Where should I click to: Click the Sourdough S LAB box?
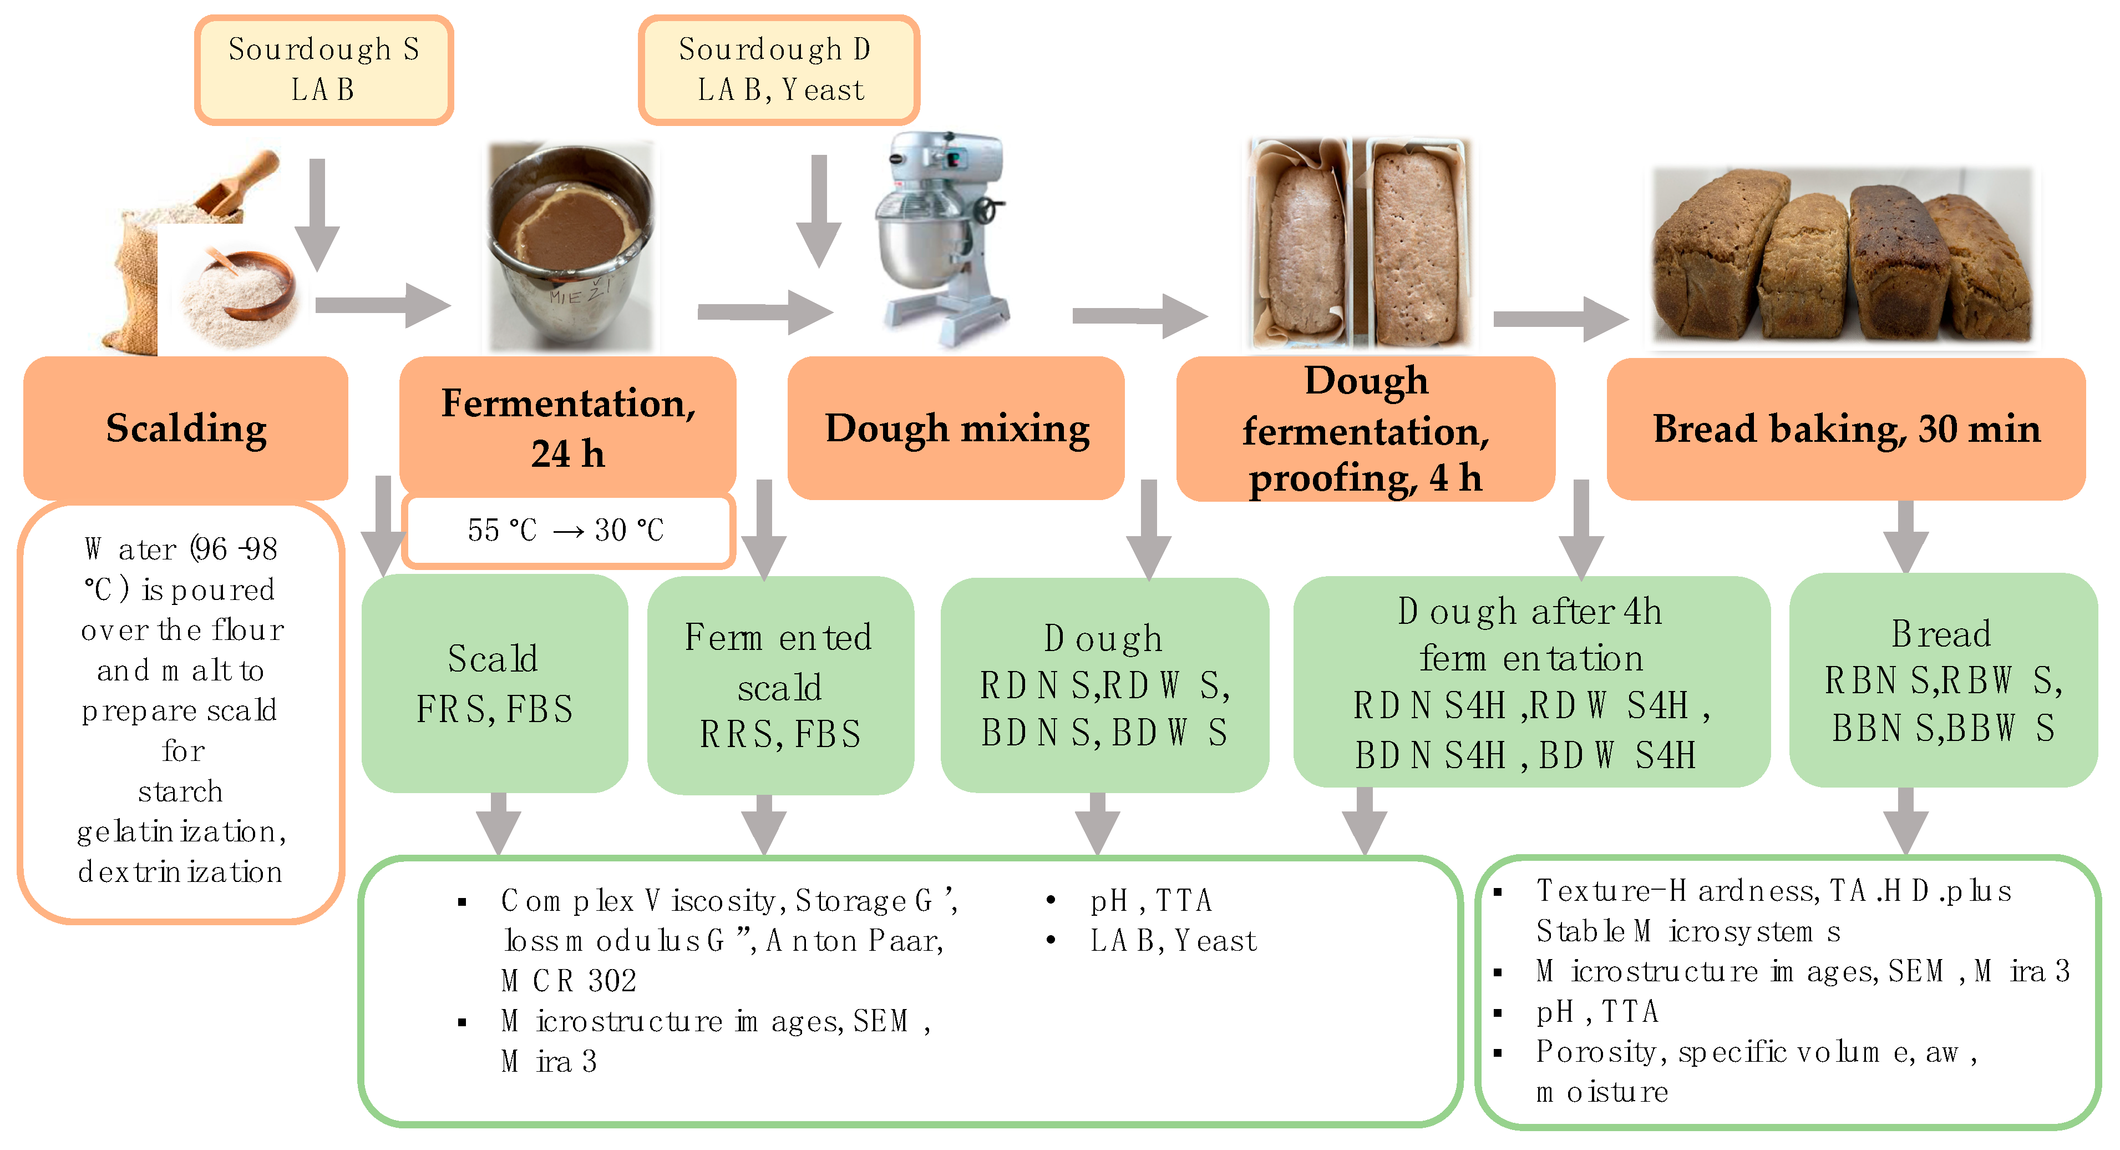point(323,70)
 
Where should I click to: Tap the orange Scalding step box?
point(186,428)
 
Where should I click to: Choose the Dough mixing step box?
point(956,428)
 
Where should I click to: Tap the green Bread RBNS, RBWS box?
point(1943,681)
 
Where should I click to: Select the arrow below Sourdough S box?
point(317,214)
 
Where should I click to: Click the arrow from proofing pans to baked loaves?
point(1560,319)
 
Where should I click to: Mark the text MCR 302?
point(569,980)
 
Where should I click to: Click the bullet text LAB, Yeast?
point(1173,940)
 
